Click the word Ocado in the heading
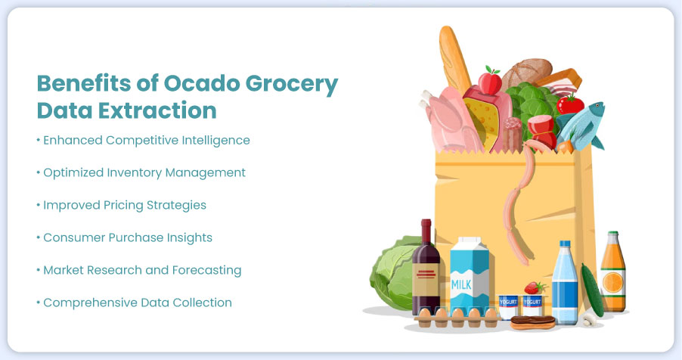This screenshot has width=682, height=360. (x=201, y=82)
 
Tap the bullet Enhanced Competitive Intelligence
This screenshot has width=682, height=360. (x=144, y=140)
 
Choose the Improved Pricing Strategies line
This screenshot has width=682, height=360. (x=121, y=205)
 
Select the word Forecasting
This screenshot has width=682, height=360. (x=206, y=270)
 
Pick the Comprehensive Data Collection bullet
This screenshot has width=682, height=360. (x=135, y=303)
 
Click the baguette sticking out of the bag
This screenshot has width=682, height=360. (x=454, y=59)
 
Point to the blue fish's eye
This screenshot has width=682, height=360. (x=598, y=105)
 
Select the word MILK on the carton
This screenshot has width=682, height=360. (x=461, y=284)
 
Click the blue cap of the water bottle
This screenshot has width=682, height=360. (x=565, y=244)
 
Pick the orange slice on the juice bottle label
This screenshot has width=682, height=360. (x=613, y=283)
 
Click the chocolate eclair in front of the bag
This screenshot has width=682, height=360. (x=533, y=322)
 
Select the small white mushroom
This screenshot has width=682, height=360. (x=589, y=318)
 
